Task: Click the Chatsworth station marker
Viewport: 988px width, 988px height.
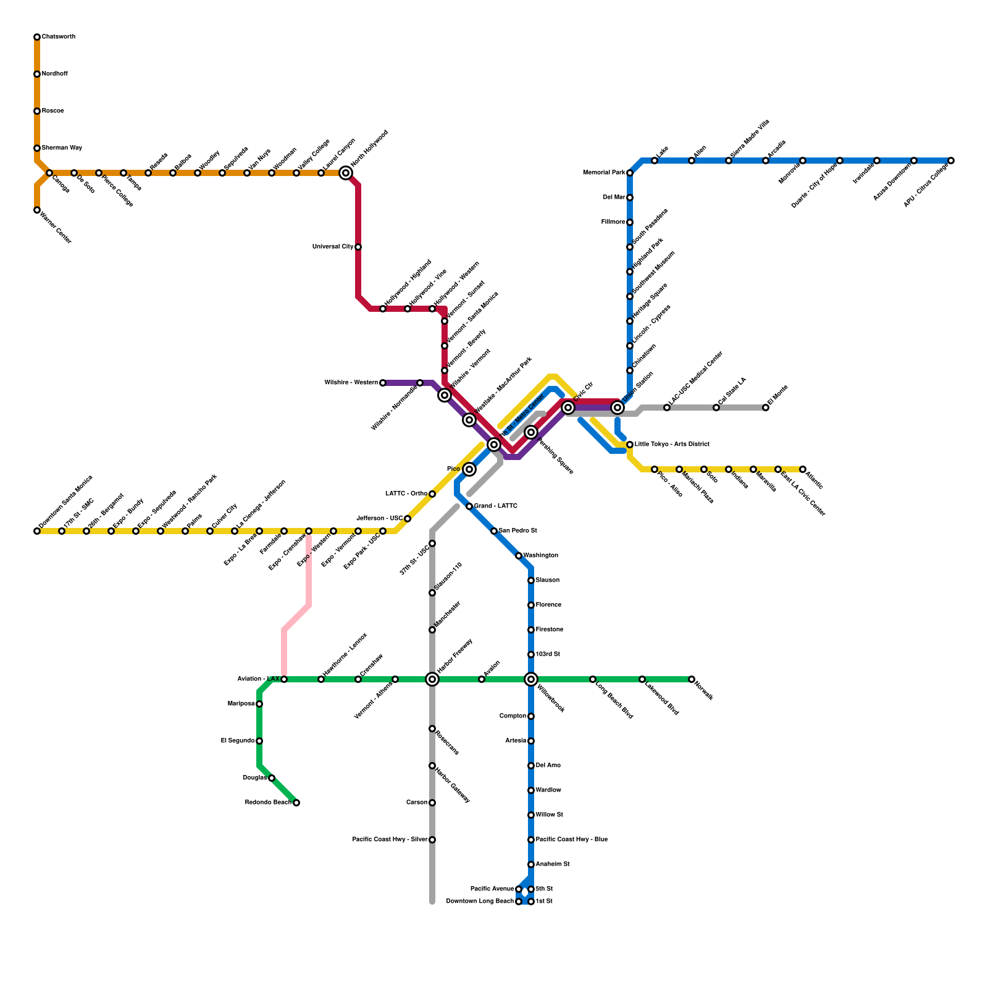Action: tap(37, 37)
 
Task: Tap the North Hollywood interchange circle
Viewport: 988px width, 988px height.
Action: tap(346, 173)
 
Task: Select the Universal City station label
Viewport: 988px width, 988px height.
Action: tap(333, 247)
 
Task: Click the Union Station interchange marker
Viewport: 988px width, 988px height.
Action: tap(617, 408)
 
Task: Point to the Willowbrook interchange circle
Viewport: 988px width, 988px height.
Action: tap(531, 679)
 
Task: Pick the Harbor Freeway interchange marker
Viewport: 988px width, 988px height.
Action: tap(432, 679)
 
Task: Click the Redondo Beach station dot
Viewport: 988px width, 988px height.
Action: tap(296, 803)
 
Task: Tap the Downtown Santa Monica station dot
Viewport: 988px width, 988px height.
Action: tap(37, 531)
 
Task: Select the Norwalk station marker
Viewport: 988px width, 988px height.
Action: tap(692, 679)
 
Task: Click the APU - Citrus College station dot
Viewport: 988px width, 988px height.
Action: tap(951, 161)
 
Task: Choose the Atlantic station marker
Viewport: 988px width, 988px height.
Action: tap(803, 469)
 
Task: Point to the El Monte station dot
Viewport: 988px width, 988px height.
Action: tap(766, 408)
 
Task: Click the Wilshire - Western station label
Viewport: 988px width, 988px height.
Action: tap(351, 383)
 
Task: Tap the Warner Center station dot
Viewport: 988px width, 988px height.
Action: tap(37, 210)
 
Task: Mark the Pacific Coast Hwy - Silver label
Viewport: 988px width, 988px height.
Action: tap(390, 840)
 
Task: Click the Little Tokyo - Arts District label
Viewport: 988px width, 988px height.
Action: tap(672, 445)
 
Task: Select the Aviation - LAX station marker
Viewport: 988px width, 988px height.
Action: tap(284, 679)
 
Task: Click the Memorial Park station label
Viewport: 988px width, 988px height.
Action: tap(604, 173)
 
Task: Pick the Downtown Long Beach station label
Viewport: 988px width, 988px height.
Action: tap(480, 902)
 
